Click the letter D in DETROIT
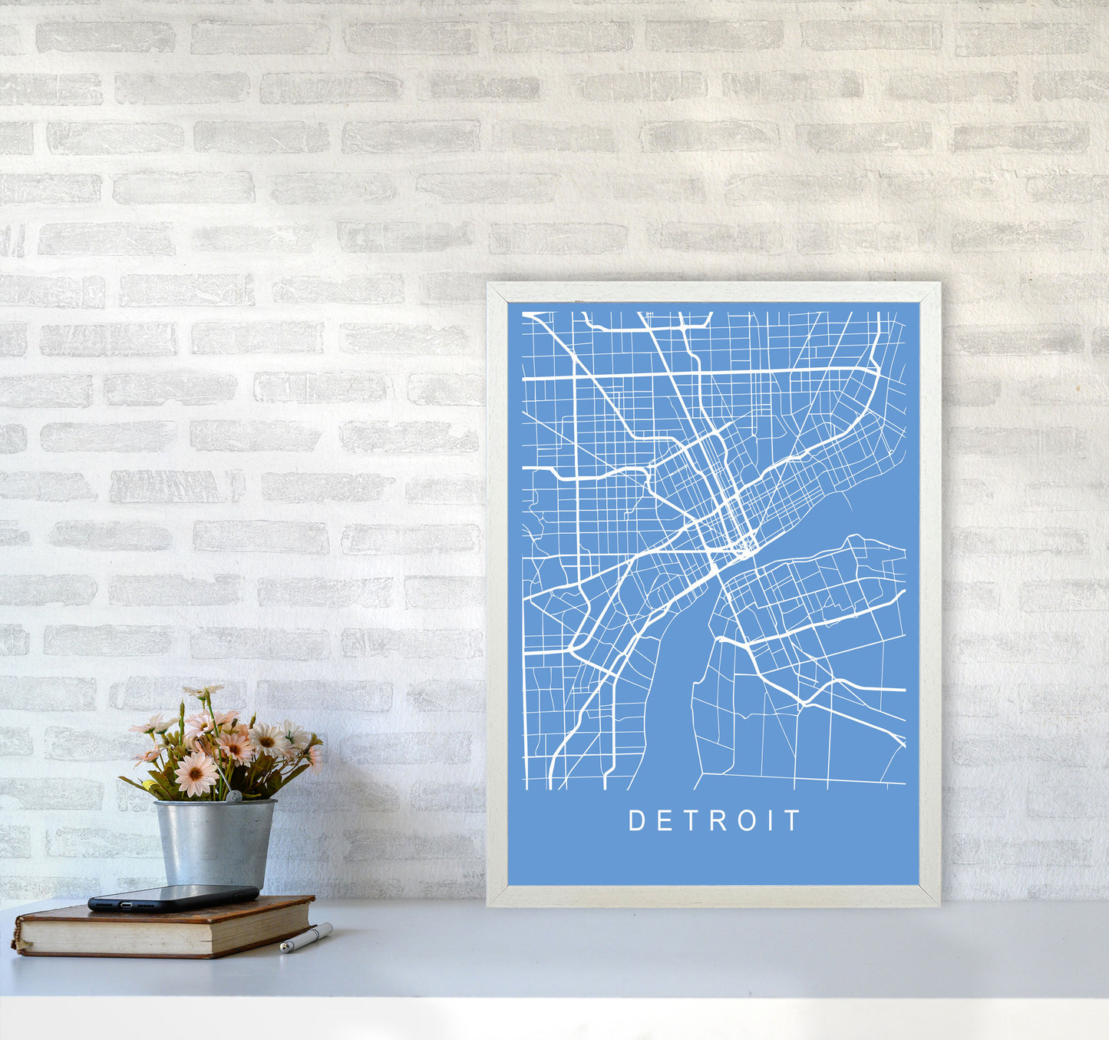(x=635, y=821)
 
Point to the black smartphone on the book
(x=173, y=897)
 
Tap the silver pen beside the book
(x=305, y=939)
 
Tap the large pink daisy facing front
(x=196, y=773)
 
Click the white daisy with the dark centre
(x=269, y=739)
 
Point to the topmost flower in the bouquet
(x=201, y=692)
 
